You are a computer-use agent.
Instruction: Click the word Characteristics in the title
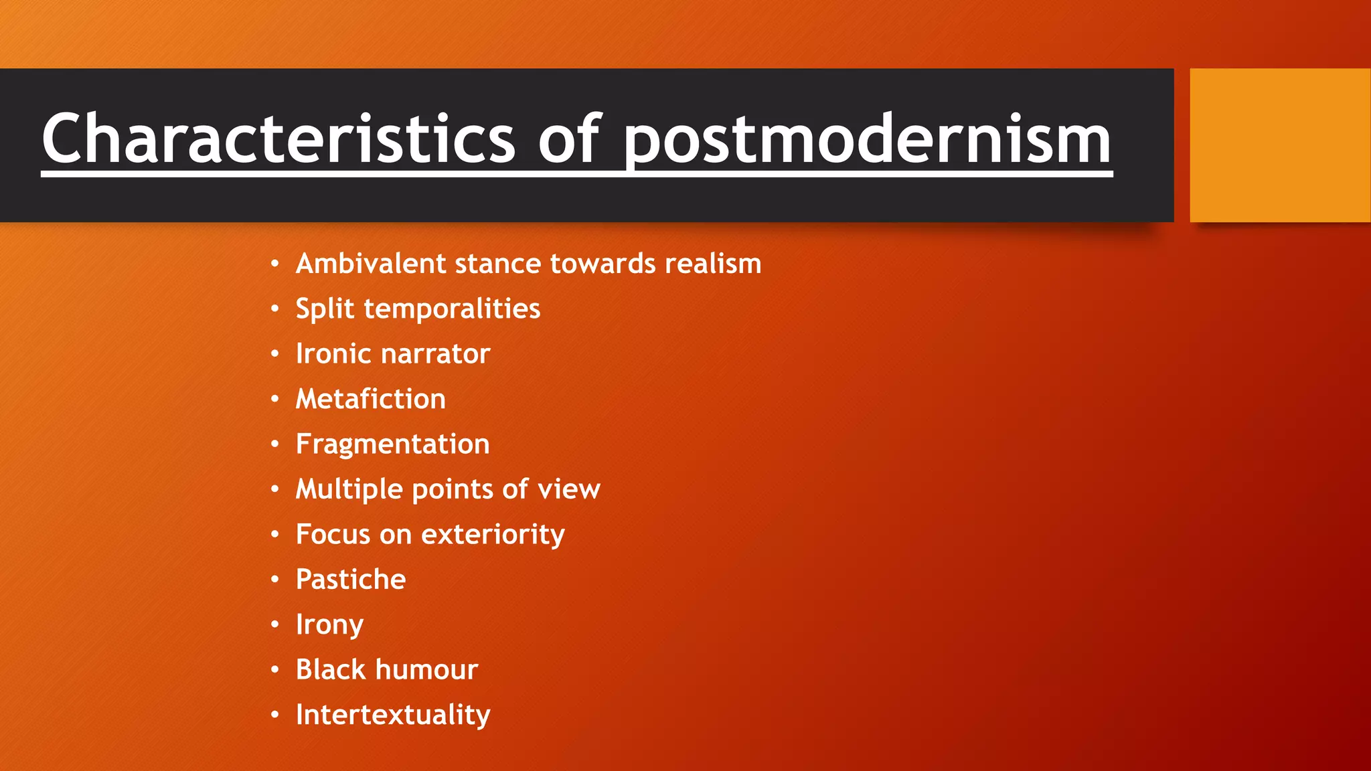[x=278, y=139]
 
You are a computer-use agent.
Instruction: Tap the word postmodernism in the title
[x=868, y=139]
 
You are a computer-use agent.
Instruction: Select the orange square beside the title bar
[x=1280, y=145]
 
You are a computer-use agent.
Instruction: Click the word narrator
[x=435, y=354]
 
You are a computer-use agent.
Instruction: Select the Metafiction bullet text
[x=370, y=399]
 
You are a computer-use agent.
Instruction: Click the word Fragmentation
[x=392, y=444]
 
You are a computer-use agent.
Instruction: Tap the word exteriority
[x=493, y=535]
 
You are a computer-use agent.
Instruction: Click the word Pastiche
[x=351, y=580]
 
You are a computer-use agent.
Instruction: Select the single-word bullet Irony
[x=329, y=624]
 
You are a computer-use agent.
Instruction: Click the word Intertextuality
[x=393, y=715]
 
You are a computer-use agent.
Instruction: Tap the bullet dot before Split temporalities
[x=274, y=309]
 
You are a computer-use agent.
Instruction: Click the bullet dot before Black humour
[x=274, y=670]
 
